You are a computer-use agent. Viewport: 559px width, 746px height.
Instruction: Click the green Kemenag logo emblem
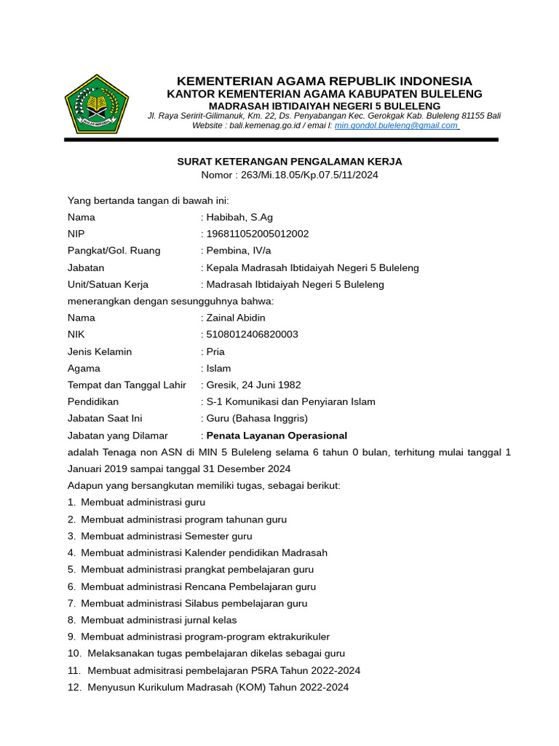pos(97,103)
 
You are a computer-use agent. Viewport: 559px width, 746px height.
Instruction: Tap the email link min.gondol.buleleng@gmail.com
pos(396,125)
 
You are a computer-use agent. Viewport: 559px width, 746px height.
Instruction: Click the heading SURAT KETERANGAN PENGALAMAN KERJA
pos(290,162)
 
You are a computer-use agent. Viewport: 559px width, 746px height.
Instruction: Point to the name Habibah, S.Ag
pos(240,217)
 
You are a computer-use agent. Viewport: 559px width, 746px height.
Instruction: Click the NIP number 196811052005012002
pos(258,234)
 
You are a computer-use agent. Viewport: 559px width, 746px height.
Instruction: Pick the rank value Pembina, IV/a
pos(240,251)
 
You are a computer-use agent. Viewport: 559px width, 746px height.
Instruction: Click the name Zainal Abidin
pos(236,318)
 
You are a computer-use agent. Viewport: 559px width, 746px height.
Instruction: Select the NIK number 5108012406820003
pos(252,334)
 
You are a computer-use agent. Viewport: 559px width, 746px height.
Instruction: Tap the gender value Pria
pos(216,352)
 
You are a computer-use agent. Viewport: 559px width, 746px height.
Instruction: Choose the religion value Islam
pos(218,369)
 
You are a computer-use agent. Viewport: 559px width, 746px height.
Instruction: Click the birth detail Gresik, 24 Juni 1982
pos(253,385)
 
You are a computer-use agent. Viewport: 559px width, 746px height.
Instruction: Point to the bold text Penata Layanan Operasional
pos(277,436)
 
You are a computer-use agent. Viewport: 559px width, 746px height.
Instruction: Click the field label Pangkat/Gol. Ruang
pos(114,251)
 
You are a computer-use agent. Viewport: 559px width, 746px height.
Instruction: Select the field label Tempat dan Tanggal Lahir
pos(127,385)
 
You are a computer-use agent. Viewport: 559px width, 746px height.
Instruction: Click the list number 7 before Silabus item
pos(71,603)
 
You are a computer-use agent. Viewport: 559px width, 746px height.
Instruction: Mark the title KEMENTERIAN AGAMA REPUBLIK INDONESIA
pos(325,81)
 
